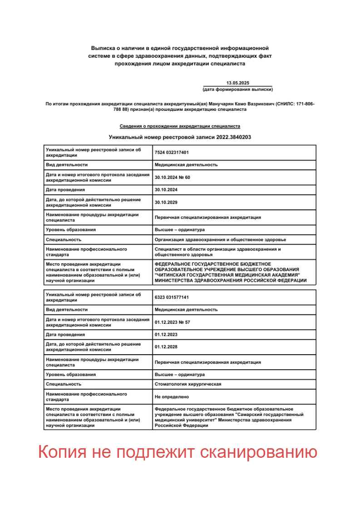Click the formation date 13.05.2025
point(237,83)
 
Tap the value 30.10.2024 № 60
point(172,177)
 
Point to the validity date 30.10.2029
point(166,202)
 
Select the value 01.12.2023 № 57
point(172,322)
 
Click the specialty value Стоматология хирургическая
point(188,384)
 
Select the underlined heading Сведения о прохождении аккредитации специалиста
point(180,126)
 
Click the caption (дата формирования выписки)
point(237,89)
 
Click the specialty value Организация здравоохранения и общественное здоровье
point(220,239)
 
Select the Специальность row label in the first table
point(64,239)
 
